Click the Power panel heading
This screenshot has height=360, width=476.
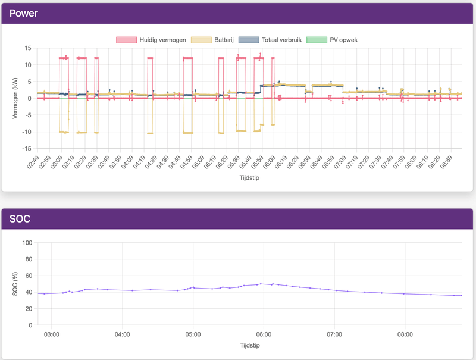click(23, 12)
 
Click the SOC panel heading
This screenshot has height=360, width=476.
click(20, 220)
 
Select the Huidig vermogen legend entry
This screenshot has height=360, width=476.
click(151, 40)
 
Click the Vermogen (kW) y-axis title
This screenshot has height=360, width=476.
click(15, 98)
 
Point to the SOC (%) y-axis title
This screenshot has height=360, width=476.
click(15, 284)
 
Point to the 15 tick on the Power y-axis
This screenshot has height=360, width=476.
click(27, 48)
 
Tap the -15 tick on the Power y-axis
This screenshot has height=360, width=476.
click(26, 149)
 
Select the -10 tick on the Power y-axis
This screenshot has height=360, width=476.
click(26, 132)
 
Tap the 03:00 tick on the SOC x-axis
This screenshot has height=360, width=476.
click(52, 334)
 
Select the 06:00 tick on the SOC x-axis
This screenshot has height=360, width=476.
click(264, 334)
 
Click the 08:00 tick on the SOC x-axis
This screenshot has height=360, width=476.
click(405, 334)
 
